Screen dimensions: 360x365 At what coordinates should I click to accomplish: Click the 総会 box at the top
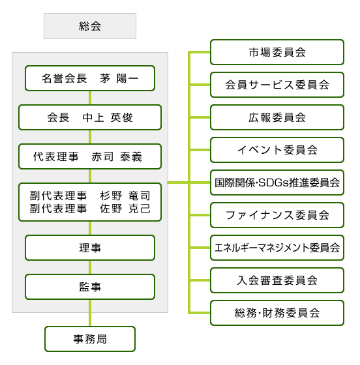coord(90,26)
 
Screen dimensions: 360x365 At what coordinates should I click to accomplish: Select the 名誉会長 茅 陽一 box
coord(90,78)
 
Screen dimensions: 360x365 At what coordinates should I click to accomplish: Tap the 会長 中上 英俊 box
coord(90,117)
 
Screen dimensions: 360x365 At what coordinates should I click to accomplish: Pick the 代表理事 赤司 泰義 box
coord(90,156)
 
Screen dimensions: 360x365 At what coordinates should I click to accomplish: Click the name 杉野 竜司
coord(125,196)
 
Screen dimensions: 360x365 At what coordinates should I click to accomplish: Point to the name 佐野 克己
coord(125,209)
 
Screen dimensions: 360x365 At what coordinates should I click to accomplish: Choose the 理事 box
coord(90,248)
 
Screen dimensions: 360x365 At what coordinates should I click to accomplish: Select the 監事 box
coord(90,287)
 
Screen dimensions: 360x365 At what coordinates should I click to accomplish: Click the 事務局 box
coord(90,339)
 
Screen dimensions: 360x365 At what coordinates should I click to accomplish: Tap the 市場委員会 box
coord(277,52)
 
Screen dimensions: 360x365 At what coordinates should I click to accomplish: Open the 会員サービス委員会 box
coord(277,85)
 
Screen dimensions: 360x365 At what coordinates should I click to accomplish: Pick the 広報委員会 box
coord(277,117)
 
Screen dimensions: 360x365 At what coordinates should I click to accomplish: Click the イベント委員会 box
coord(277,150)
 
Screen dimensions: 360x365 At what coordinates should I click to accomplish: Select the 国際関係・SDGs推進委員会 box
coord(277,182)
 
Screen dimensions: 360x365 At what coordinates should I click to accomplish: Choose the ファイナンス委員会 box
coord(277,215)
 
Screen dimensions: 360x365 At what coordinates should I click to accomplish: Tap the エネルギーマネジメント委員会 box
coord(277,248)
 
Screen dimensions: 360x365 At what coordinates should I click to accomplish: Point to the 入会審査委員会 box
coord(277,280)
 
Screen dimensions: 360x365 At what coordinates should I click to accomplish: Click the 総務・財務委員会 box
coord(277,313)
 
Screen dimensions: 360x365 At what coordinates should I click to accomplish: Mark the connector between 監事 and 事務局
coord(90,313)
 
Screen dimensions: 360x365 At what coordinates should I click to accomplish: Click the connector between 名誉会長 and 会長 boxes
coord(90,98)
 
